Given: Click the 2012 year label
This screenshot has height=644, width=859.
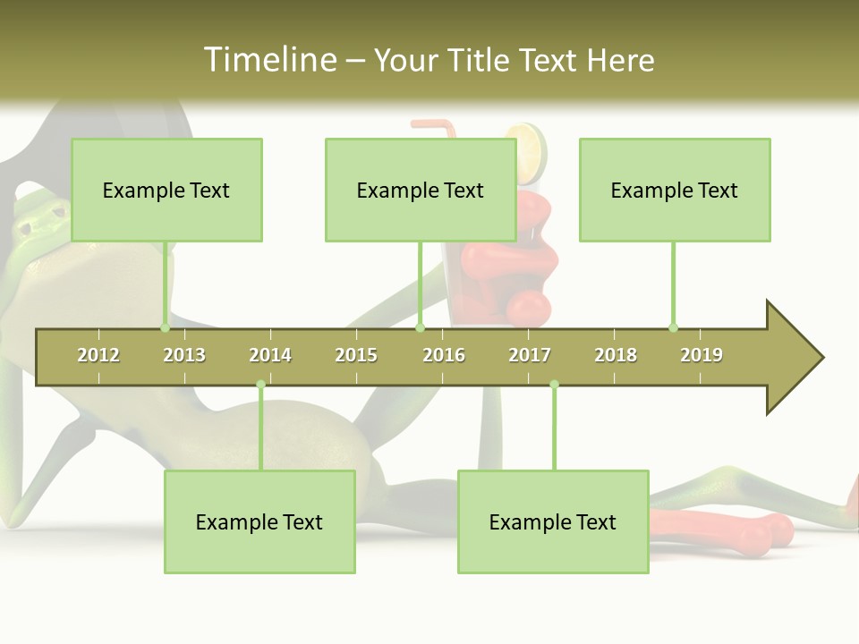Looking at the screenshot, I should click(x=98, y=355).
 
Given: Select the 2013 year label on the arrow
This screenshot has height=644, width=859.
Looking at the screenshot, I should click(x=184, y=355).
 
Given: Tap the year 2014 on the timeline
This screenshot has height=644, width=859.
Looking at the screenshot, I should click(x=270, y=355).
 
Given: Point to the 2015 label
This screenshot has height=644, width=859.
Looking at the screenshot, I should click(x=356, y=355).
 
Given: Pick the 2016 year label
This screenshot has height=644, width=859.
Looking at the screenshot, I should click(x=444, y=355).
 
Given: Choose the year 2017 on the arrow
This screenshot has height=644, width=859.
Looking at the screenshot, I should click(x=530, y=355).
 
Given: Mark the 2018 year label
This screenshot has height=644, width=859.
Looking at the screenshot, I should click(x=616, y=355).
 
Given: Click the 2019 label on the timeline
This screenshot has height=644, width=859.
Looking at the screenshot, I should click(x=702, y=355).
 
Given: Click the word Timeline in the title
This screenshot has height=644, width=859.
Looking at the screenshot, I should click(x=269, y=60).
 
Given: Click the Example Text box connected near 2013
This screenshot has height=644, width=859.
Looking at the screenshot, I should click(x=166, y=190).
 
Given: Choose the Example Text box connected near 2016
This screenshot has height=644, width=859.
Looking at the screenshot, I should click(x=421, y=190).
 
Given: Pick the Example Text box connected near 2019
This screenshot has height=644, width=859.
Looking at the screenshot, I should click(x=675, y=190).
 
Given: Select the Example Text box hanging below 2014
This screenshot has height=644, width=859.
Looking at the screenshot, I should click(x=259, y=521).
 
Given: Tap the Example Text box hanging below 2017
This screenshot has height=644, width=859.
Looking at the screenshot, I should click(x=553, y=521).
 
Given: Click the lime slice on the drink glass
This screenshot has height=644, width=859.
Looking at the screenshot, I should click(x=527, y=142).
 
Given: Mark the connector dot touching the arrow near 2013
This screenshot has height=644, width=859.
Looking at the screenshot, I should click(x=165, y=327).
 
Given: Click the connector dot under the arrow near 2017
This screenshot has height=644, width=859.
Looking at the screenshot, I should click(x=554, y=385).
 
